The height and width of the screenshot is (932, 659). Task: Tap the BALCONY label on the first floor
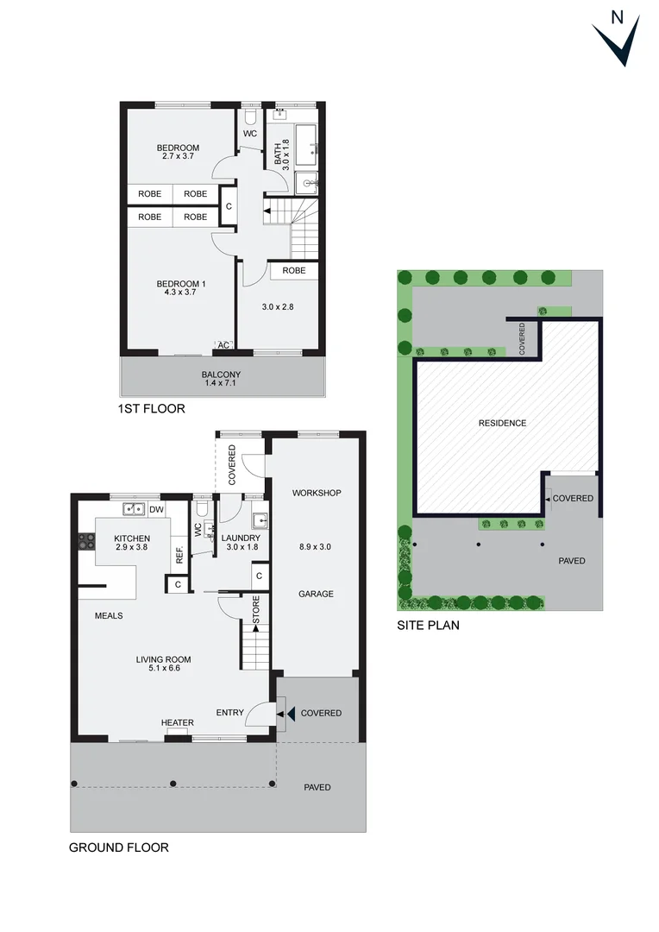221,375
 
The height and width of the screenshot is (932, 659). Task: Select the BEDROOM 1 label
180,284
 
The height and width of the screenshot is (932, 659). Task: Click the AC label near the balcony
223,345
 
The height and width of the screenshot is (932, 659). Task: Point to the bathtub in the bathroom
306,146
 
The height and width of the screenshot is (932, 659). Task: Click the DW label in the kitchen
156,510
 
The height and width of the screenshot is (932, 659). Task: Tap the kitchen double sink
133,509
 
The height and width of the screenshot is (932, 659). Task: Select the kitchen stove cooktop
87,542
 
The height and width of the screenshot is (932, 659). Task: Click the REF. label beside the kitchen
179,554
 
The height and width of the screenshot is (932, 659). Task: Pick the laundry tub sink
260,520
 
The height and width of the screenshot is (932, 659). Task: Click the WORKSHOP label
317,494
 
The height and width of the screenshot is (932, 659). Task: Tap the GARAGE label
316,594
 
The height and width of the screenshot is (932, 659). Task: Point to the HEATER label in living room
177,723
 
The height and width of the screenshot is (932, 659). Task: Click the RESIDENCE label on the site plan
503,423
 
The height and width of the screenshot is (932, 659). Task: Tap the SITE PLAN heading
428,626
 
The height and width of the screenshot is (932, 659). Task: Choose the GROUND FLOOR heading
119,847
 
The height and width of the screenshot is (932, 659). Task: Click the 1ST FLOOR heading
153,408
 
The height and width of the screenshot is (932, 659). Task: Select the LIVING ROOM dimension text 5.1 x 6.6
163,671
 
